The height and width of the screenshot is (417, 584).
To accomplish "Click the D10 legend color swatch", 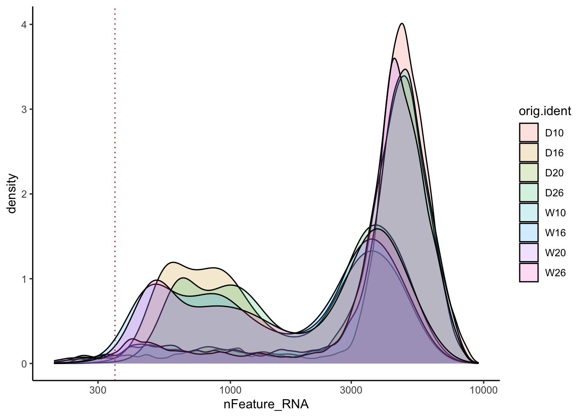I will coord(529,132).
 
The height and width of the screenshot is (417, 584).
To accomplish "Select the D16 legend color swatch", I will coord(529,152).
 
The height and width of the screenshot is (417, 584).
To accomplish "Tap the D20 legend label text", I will coord(554,173).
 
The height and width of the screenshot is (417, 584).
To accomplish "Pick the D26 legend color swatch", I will coord(529,192).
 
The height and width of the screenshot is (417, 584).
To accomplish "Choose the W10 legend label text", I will coord(555,213).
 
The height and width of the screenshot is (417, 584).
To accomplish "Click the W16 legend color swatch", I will coord(529,232).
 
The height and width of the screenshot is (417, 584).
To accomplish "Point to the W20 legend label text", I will coord(555,253).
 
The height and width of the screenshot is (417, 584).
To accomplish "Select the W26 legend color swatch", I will coord(529,272).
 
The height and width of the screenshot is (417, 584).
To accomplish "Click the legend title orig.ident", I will coord(545,111).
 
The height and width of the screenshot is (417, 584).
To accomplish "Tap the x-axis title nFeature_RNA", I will coord(266,404).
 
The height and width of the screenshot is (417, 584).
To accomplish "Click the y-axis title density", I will coord(12,194).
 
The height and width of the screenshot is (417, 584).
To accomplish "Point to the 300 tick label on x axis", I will coord(98,390).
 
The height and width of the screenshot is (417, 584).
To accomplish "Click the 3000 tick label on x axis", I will coord(351,390).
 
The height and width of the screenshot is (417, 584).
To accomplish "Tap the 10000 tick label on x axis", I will coord(483,390).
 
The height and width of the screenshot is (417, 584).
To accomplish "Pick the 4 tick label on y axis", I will coord(24,25).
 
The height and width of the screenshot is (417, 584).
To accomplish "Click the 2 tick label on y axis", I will coord(24,194).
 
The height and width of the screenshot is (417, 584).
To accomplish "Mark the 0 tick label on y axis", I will coord(24,364).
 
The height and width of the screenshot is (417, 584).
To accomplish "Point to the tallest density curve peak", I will coord(402,23).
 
